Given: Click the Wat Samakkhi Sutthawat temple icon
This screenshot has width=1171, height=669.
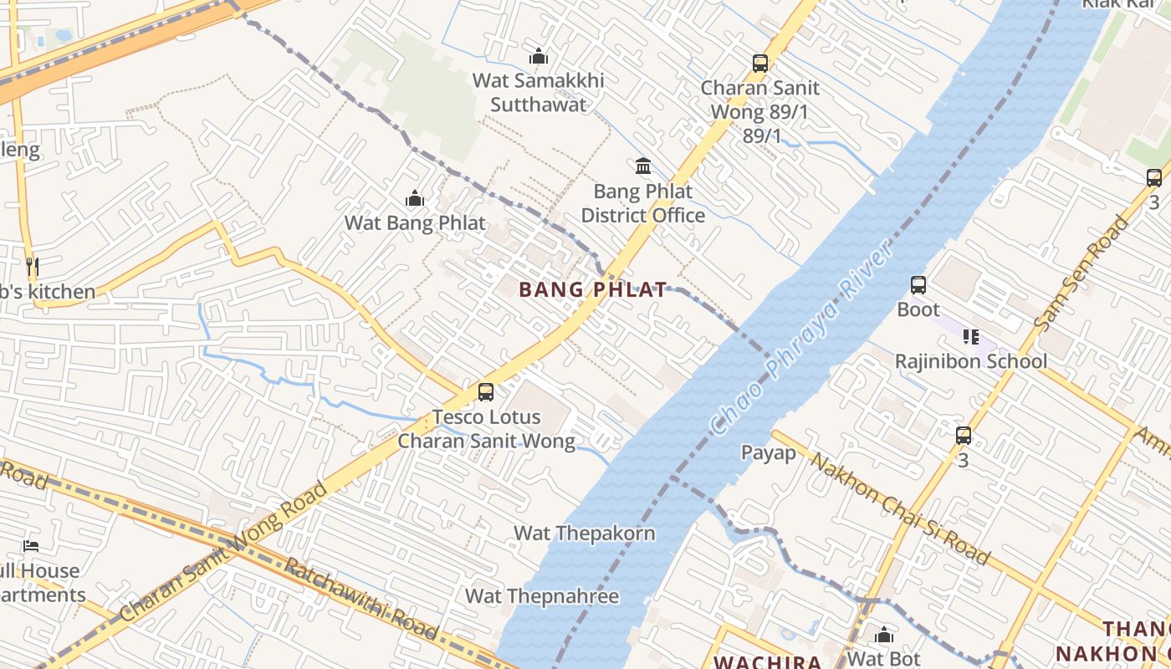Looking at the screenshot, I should (539, 57).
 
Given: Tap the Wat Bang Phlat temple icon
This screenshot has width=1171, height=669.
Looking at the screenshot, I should (414, 199).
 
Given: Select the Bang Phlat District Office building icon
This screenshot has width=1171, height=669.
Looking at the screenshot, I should (643, 166).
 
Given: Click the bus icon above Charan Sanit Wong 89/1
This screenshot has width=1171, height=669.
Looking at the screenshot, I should (759, 63).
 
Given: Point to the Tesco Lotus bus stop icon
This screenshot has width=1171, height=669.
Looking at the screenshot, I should (485, 391).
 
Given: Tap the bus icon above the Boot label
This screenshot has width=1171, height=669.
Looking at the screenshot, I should (918, 284).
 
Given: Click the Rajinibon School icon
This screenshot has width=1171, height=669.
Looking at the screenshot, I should (971, 337).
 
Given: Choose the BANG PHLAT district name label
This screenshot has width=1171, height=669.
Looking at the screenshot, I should (593, 290).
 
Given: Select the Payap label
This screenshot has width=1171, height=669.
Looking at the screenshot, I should (769, 452).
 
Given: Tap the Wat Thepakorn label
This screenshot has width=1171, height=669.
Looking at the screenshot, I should (584, 533).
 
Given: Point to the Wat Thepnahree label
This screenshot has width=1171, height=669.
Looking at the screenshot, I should (542, 596).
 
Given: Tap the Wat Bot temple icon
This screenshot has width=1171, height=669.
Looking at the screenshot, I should (883, 635).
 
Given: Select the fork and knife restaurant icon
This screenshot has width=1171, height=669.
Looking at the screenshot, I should (32, 267).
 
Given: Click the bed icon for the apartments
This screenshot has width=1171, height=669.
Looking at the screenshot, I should (31, 546).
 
